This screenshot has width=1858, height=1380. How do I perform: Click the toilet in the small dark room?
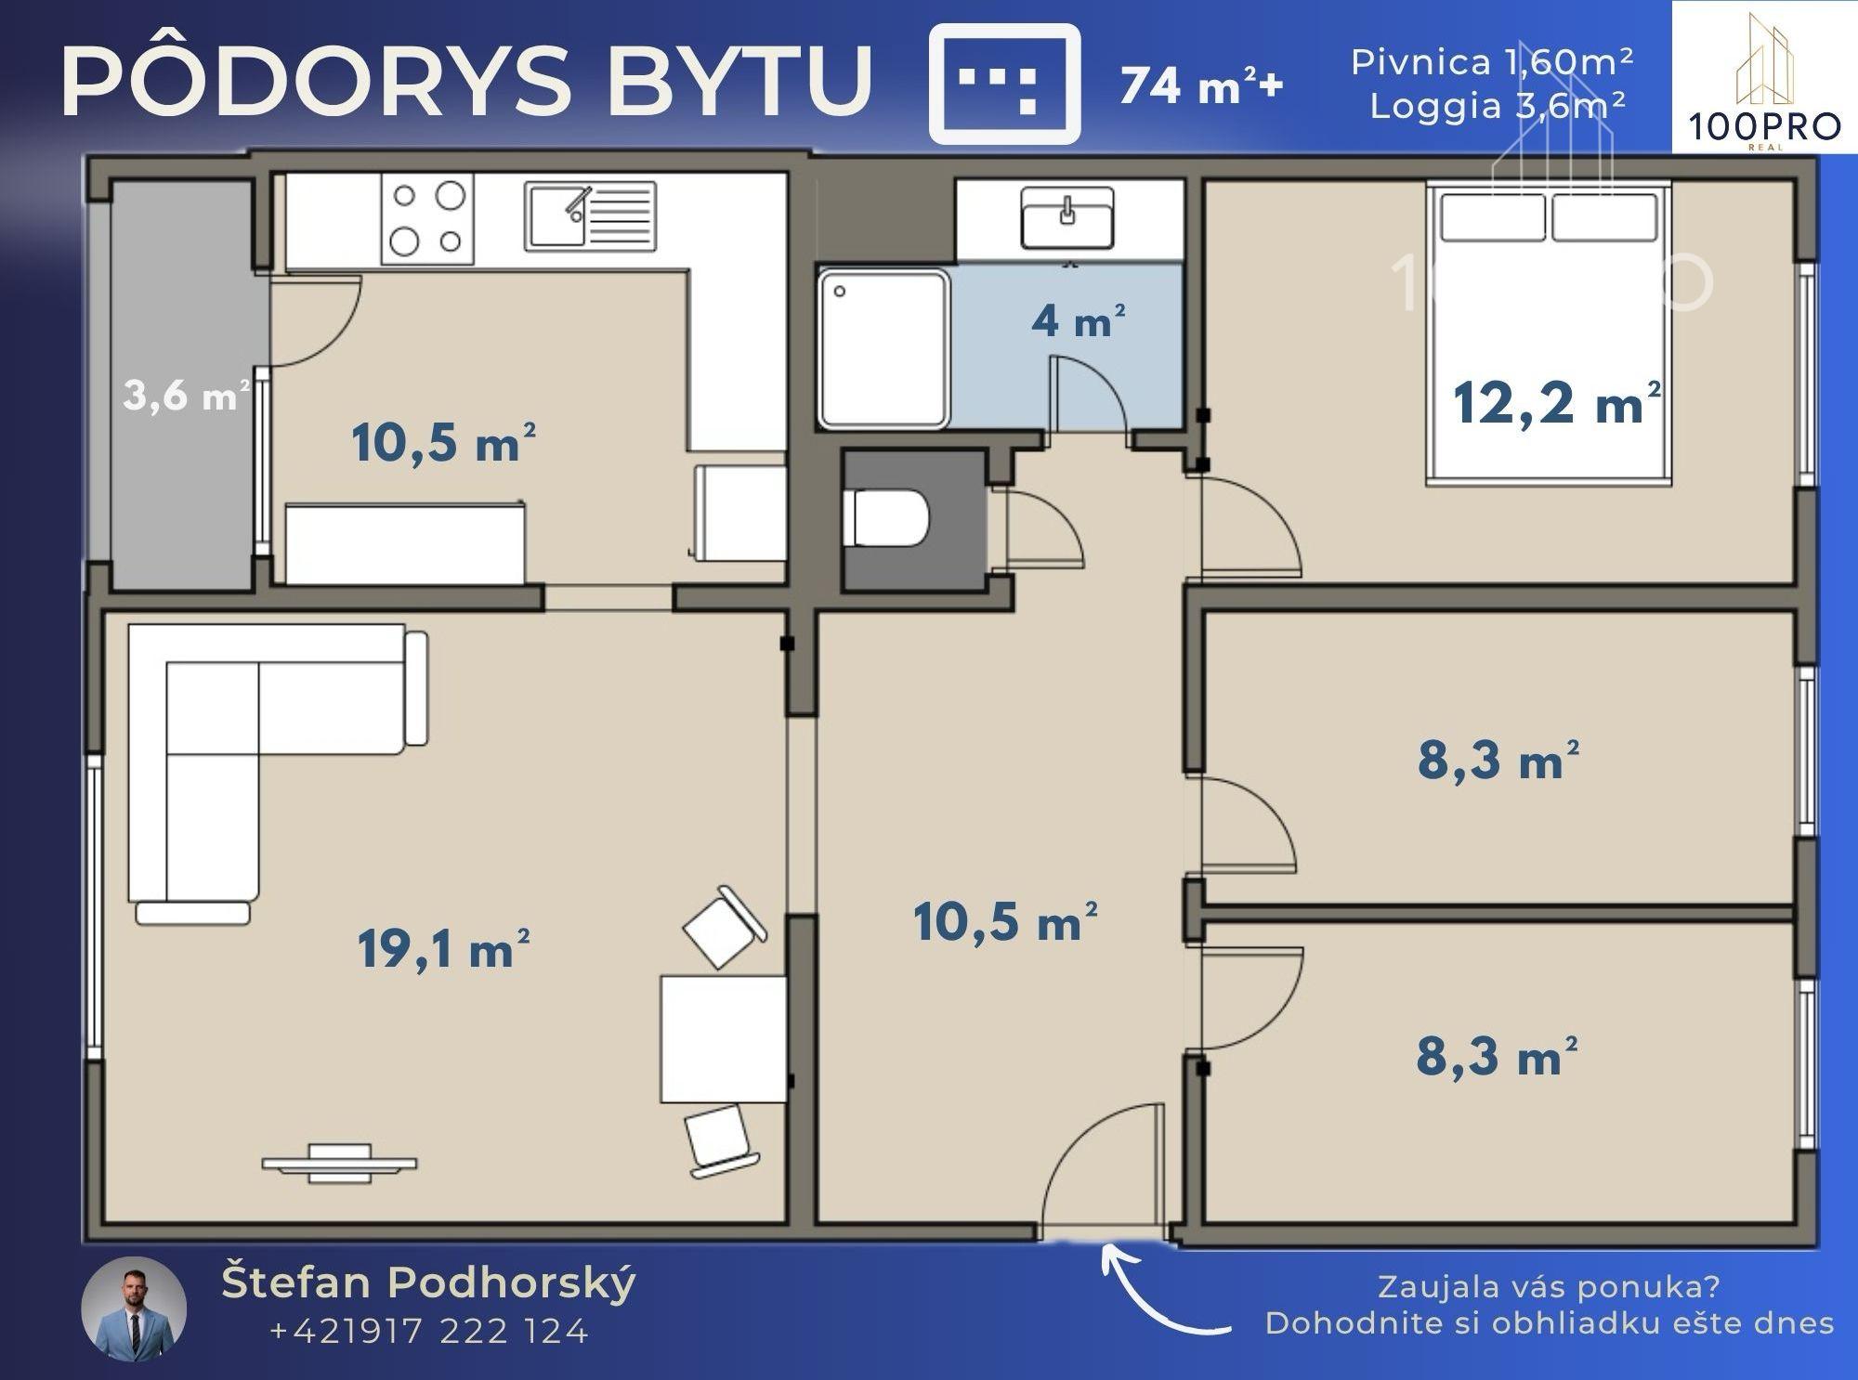click(885, 518)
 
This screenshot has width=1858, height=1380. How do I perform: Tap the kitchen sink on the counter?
click(590, 216)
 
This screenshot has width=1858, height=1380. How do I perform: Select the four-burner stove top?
click(427, 219)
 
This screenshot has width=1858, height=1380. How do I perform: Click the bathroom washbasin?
click(1067, 218)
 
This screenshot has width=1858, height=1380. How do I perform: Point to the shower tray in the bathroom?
click(884, 348)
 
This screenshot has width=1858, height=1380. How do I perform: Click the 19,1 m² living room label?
click(444, 949)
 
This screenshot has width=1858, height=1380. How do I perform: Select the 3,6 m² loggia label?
click(186, 396)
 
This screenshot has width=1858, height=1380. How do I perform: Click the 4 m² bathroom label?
click(1079, 320)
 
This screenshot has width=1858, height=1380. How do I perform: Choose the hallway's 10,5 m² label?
click(1004, 922)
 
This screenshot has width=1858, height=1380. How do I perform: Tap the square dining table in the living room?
click(724, 1038)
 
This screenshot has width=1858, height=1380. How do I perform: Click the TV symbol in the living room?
click(339, 1163)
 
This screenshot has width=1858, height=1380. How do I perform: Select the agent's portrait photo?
click(135, 1310)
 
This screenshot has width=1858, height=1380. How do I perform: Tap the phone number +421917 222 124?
click(428, 1332)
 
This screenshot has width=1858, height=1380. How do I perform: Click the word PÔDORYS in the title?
click(317, 81)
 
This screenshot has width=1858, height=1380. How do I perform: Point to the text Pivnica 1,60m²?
click(1492, 62)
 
